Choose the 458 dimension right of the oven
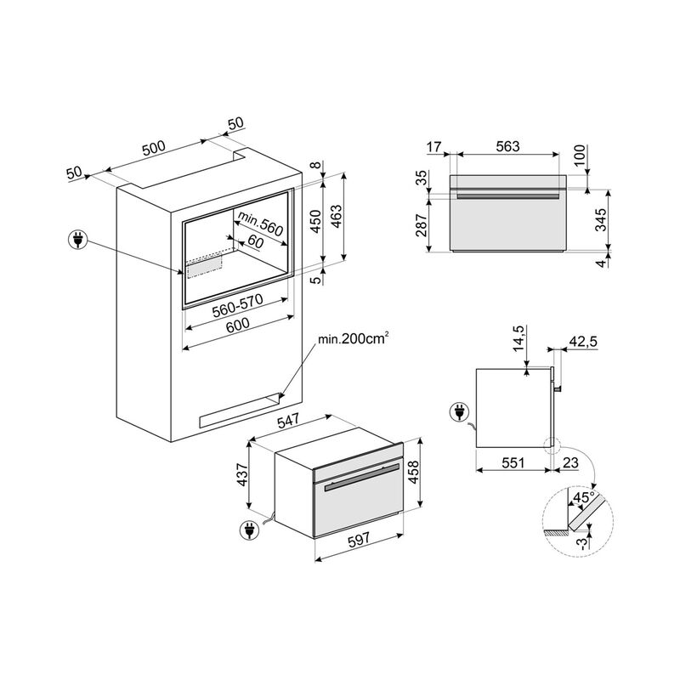(x=414, y=472)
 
